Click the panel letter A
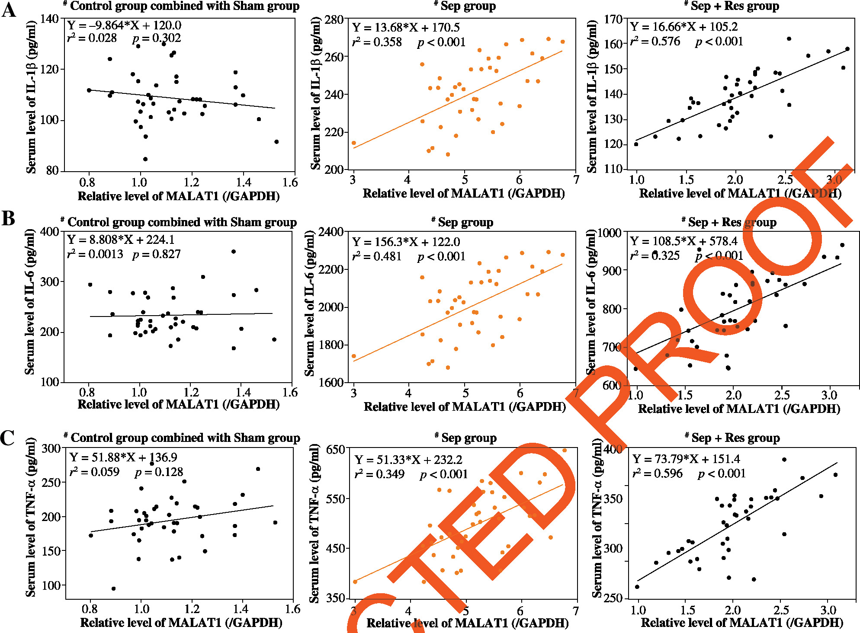coord(9,10)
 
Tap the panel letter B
coord(8,219)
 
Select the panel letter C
coord(7,438)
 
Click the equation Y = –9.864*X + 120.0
coord(124,25)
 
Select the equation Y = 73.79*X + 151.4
coord(686,459)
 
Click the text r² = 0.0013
coord(95,254)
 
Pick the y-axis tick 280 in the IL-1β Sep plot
coord(334,20)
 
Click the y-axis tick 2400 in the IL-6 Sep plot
coord(331,232)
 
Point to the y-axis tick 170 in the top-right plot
coord(613,19)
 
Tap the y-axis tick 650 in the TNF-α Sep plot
coord(335,449)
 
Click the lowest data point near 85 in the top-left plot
coord(145,159)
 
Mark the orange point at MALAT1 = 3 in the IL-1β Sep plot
coord(354,143)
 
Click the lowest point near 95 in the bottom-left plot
coord(114,588)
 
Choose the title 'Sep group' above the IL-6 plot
coord(465,222)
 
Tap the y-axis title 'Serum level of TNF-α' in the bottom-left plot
coord(31,517)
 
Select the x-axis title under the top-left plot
coord(178,196)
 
